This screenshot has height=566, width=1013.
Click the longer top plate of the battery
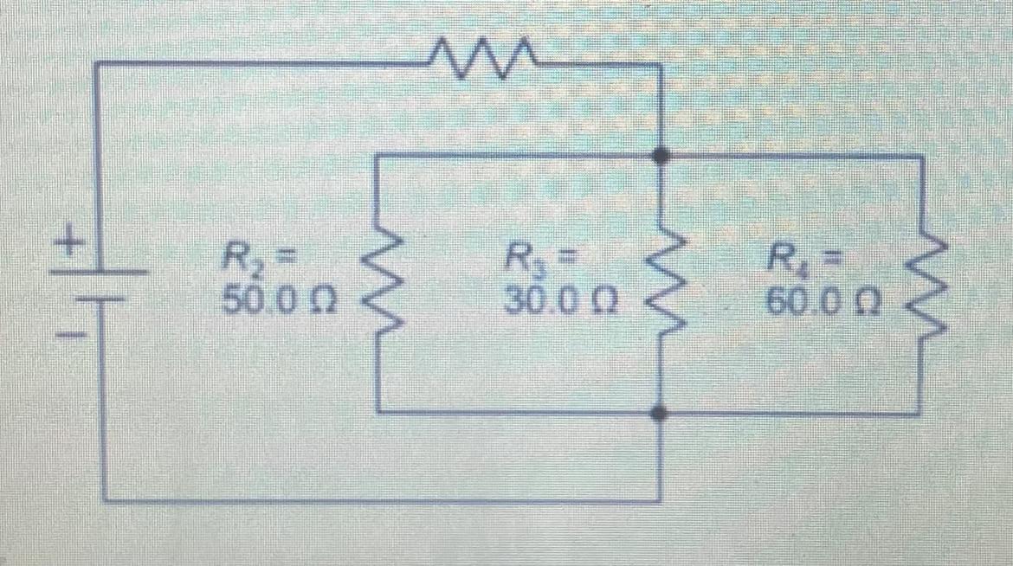[x=96, y=271]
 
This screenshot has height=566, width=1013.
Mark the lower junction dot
[x=661, y=414]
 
